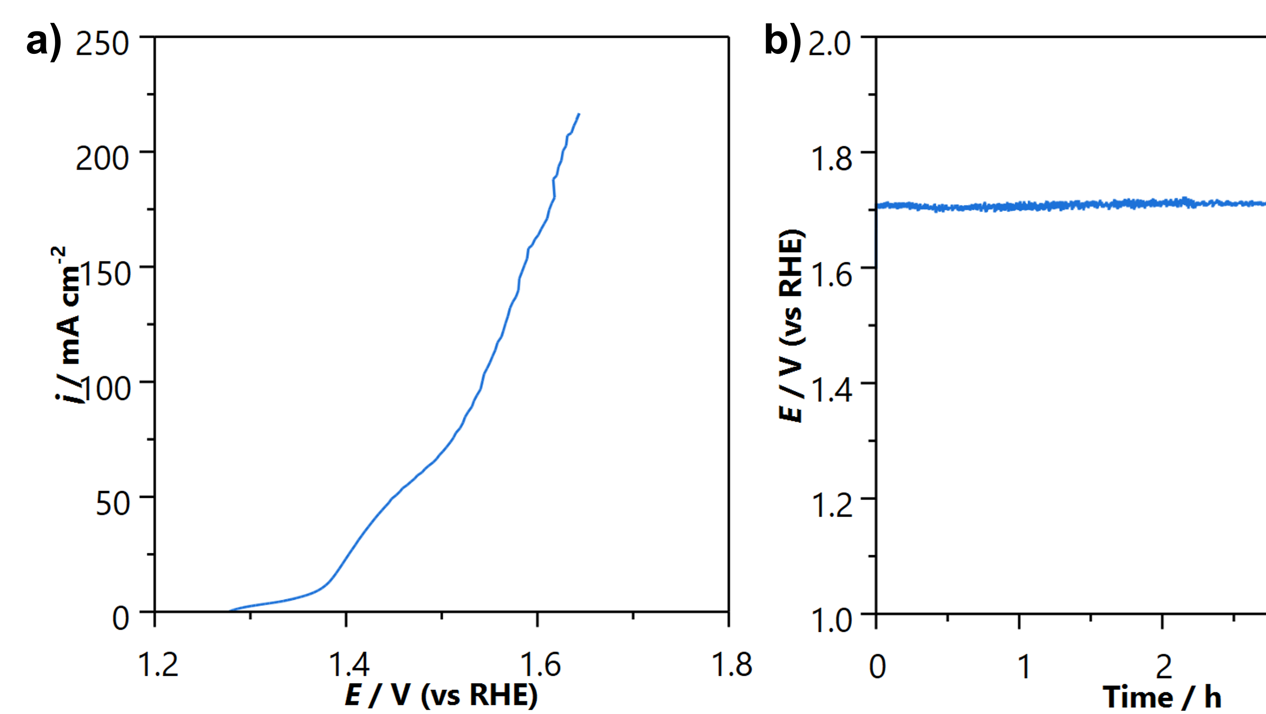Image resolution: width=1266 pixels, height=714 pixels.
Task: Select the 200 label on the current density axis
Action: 102,158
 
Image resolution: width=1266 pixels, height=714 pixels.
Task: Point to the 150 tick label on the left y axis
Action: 104,273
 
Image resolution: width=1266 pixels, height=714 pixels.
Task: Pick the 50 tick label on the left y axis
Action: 113,504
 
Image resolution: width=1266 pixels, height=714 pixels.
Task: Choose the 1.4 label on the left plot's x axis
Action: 349,664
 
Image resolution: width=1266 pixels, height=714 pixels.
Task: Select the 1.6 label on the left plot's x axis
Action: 540,664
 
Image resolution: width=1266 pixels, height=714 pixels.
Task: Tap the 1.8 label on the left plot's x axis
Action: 731,664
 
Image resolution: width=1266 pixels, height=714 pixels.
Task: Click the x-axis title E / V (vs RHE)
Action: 441,695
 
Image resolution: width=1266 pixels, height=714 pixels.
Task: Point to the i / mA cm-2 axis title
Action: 69,325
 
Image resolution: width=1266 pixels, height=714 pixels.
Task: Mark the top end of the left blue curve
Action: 579,114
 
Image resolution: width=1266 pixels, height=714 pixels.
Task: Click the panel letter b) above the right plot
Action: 784,43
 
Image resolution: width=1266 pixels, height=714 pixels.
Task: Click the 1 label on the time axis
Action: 1024,667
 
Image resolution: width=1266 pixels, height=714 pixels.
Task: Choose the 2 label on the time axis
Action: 1164,667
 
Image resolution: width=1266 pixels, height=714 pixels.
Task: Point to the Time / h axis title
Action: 1162,697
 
